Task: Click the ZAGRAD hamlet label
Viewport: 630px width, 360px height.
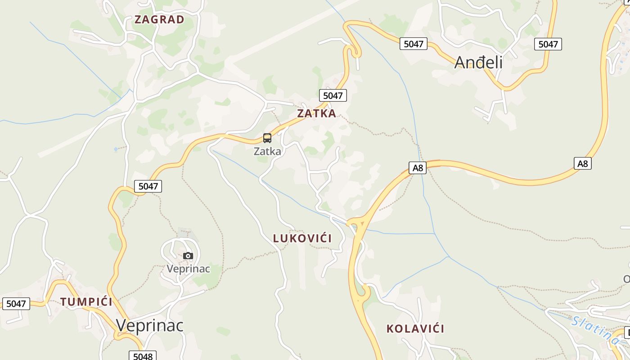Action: [159, 19]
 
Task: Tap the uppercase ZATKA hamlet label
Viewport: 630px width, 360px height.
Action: [316, 113]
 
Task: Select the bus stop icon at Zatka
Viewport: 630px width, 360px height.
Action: [267, 138]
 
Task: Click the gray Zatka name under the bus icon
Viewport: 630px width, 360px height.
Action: [267, 151]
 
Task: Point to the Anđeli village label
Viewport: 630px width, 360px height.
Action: [478, 62]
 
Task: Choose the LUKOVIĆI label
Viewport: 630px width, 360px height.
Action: [302, 238]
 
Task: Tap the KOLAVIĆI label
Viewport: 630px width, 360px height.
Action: [415, 328]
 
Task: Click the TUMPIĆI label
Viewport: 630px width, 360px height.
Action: [86, 301]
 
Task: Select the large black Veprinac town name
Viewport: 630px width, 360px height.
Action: [150, 325]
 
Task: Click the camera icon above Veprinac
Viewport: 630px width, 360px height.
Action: [188, 256]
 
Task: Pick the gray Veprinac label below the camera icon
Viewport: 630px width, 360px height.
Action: [188, 269]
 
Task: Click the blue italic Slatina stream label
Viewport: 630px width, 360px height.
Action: [595, 329]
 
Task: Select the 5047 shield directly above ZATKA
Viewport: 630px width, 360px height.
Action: [333, 95]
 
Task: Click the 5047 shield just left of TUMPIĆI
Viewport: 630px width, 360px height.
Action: [16, 304]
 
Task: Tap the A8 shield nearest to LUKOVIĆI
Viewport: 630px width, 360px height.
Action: [418, 168]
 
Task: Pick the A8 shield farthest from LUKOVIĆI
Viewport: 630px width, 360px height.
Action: [583, 163]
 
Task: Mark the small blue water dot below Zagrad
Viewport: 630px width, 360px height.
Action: [116, 149]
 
